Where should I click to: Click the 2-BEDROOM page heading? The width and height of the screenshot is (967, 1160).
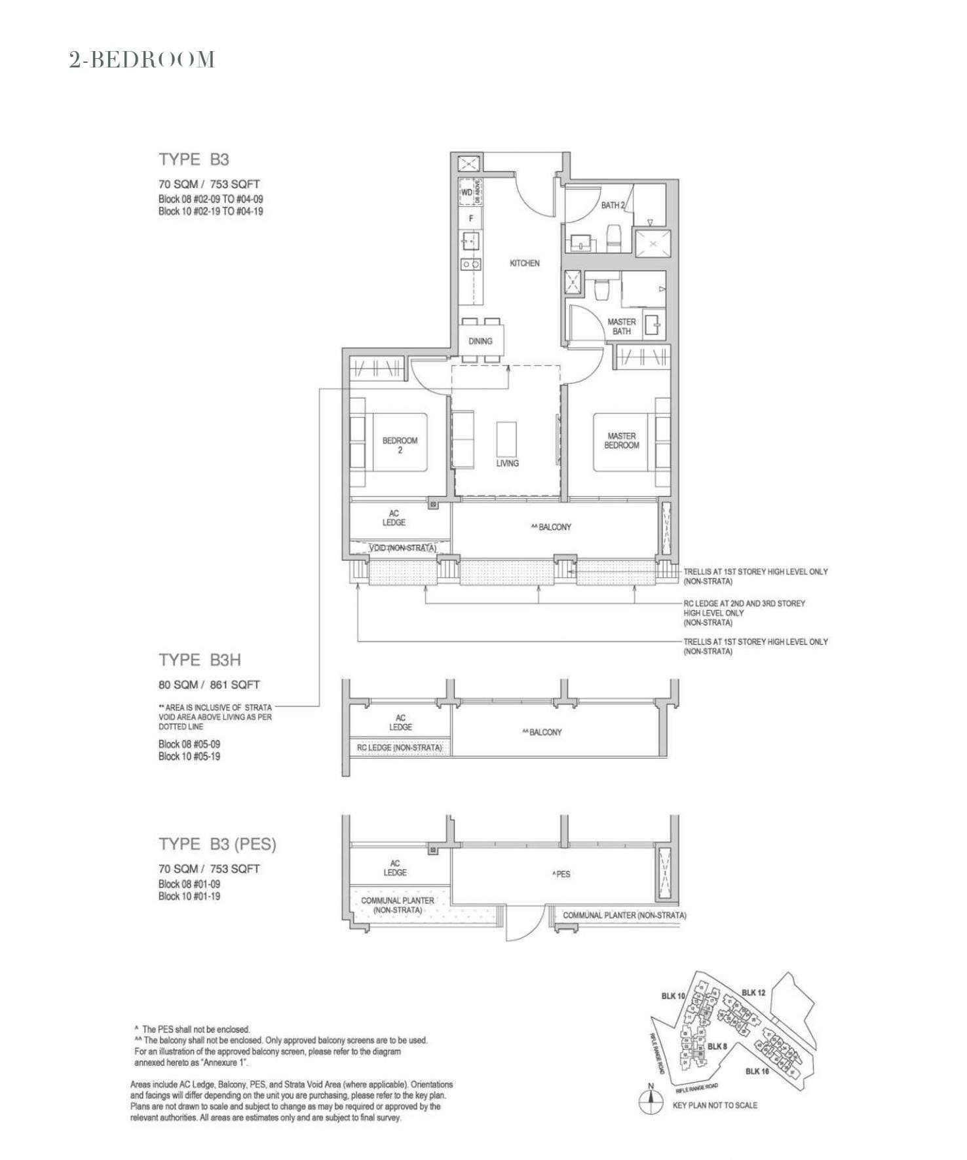coord(142,60)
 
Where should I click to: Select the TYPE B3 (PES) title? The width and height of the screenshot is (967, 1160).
coord(218,844)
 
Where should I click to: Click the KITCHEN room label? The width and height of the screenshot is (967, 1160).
coord(525,263)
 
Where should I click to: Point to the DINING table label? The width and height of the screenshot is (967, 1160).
coord(480,341)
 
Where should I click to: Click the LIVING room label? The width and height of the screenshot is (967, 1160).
coord(507,463)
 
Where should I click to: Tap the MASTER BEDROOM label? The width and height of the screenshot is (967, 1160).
coord(621,441)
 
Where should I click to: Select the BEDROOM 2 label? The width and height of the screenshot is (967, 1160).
coord(400,445)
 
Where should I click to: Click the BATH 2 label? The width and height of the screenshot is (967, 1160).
coord(613,206)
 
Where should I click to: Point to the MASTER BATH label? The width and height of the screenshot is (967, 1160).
coord(621,326)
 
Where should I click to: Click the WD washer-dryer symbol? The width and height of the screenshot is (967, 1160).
coord(466,192)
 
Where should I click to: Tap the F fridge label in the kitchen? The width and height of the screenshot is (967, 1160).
coord(470,219)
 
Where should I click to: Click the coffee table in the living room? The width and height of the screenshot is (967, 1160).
coord(506,439)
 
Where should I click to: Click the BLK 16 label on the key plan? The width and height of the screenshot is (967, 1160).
coord(757,1071)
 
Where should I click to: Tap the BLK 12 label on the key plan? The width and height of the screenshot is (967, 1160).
coord(753,992)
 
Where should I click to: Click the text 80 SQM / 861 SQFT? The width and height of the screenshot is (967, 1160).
coord(209,685)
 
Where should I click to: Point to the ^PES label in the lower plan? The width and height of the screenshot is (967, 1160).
coord(561,874)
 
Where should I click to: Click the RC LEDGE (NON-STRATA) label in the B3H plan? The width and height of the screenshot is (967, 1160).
coord(400,748)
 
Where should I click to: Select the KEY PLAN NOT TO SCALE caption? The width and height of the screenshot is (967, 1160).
coord(715,1105)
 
